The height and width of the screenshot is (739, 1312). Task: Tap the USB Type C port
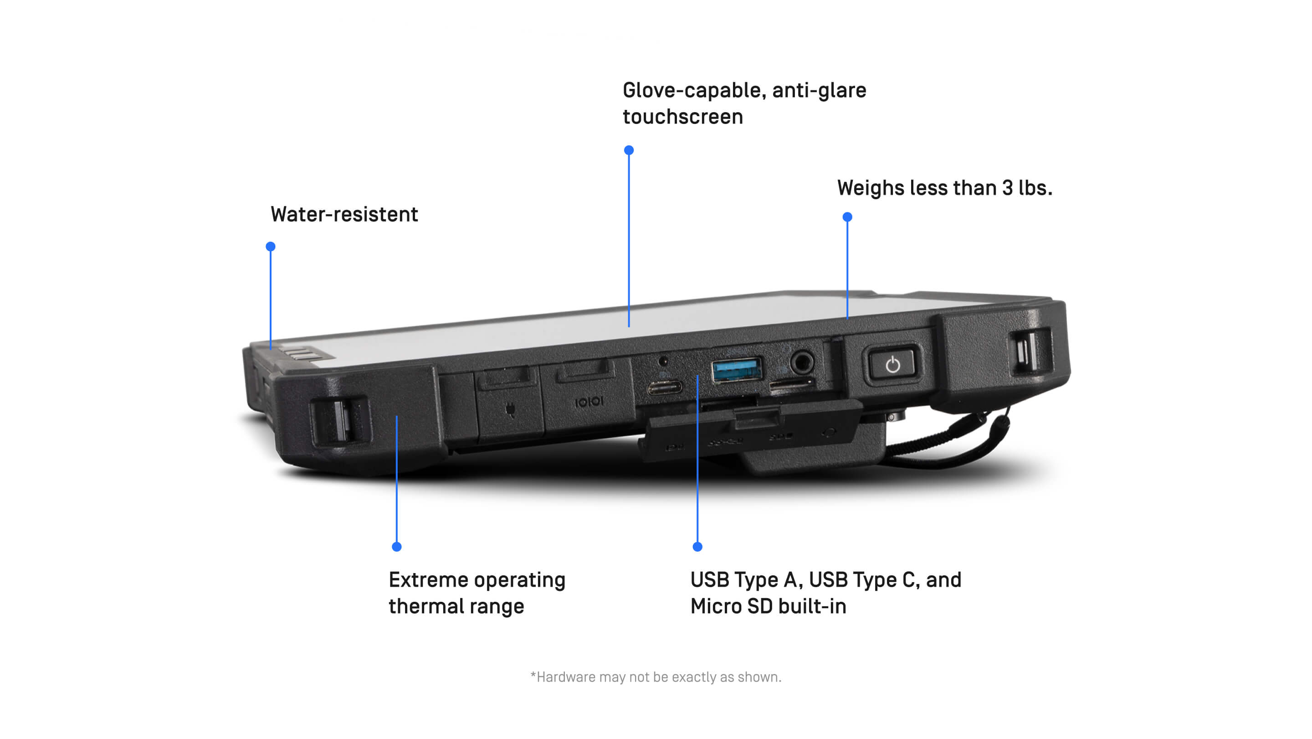664,388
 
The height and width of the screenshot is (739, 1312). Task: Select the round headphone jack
802,363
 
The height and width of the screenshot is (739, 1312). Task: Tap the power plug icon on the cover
510,409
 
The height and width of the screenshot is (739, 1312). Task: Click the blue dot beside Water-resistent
271,247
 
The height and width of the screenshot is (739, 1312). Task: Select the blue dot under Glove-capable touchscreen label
629,150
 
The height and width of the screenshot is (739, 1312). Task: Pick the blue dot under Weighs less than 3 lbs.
847,217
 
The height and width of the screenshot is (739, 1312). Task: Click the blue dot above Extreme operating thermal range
397,547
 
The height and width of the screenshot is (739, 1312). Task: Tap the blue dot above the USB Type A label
698,547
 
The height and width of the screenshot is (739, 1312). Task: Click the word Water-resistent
344,215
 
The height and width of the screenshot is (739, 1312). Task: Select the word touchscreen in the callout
682,117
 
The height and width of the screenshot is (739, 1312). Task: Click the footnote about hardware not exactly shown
656,677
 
